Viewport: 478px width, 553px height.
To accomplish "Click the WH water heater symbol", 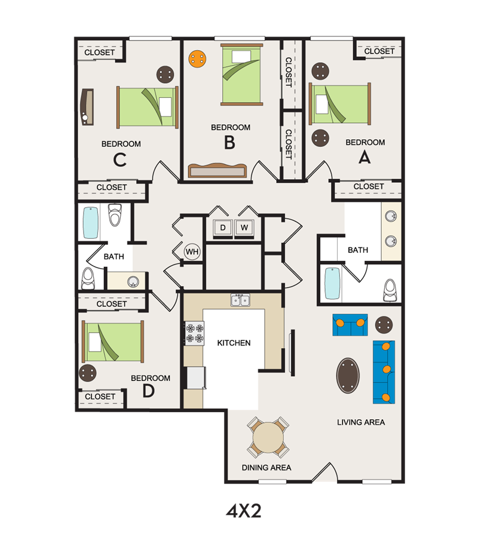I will tap(192, 251).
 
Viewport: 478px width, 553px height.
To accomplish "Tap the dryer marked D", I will tap(223, 228).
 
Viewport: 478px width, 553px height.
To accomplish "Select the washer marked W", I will tap(244, 228).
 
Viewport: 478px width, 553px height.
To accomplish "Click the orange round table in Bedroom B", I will tap(197, 59).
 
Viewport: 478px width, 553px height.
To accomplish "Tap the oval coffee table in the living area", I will tap(348, 375).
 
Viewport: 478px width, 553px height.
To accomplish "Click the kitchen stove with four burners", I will tap(194, 333).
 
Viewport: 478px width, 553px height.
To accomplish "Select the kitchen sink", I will tap(241, 300).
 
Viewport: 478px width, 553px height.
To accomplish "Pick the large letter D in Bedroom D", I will tap(149, 391).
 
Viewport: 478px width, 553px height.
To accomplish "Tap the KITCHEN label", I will tap(234, 343).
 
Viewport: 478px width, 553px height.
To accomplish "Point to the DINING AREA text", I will tap(266, 467).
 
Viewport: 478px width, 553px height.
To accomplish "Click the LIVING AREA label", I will tap(360, 422).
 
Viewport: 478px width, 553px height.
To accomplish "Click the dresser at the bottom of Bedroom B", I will tap(217, 170).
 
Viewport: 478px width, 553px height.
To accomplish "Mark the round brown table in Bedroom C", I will tap(166, 75).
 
